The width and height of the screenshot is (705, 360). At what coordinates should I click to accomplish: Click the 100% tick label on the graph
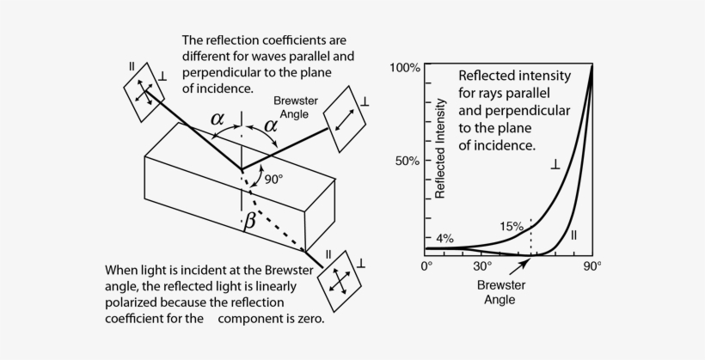404,67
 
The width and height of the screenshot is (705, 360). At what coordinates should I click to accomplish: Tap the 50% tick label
408,161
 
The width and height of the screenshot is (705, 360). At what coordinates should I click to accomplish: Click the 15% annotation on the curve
512,227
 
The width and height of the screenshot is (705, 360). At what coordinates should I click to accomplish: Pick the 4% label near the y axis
444,238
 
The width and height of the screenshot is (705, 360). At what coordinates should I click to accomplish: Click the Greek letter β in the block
250,221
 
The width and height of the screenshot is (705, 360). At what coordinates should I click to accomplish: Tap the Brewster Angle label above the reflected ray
295,107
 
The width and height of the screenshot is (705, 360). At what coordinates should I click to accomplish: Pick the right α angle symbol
271,125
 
